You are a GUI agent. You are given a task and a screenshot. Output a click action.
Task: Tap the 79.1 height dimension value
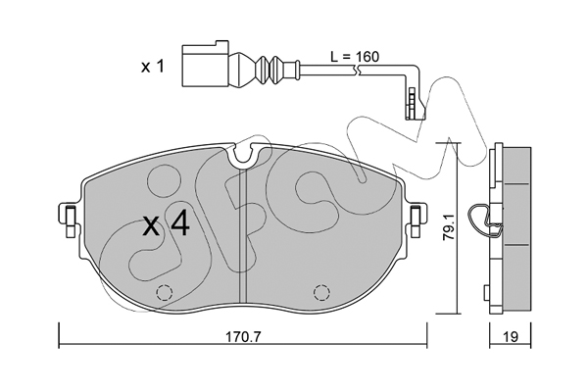point(448,227)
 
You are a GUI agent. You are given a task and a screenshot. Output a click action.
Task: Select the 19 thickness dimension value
point(510,336)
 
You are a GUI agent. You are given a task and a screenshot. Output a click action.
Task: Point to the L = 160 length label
point(355,57)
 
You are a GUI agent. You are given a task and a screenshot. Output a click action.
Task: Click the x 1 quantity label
point(153,68)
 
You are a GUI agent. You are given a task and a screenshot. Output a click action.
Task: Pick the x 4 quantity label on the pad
point(167,224)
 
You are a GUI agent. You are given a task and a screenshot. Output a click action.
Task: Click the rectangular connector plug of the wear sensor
point(205,64)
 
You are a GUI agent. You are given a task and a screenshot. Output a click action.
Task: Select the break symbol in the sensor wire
point(357,70)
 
